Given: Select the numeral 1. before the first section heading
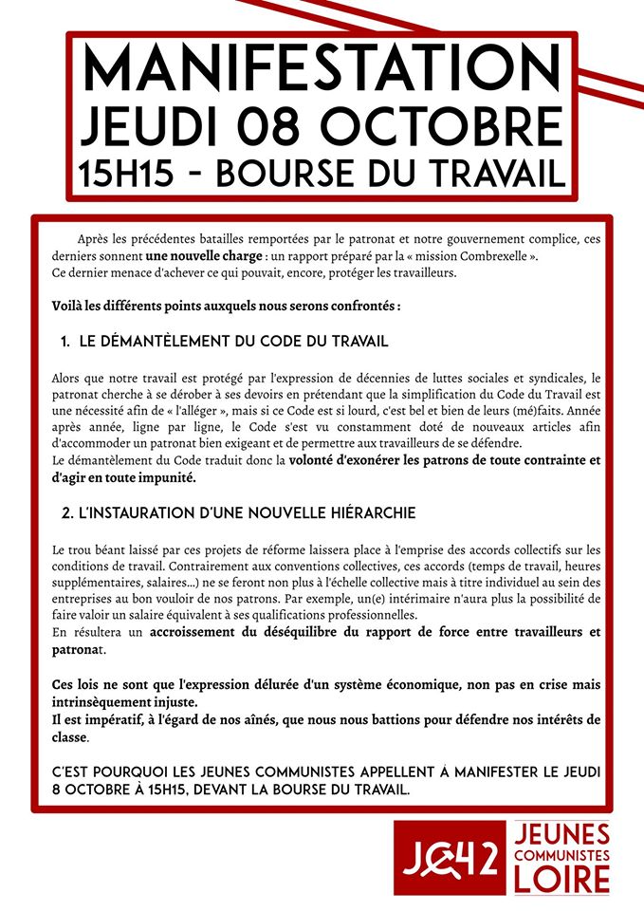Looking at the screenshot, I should (65, 341).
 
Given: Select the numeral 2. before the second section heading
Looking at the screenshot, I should (66, 512).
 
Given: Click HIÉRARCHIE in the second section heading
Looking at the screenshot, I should (365, 512).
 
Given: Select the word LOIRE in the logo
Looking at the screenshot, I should (562, 880).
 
